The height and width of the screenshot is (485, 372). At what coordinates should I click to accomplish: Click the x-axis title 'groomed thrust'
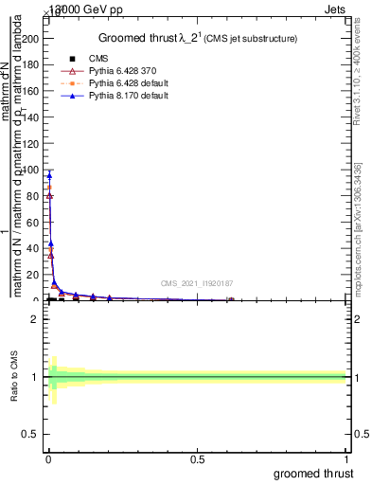314,473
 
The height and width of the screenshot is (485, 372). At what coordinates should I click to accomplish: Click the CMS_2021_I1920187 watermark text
197,283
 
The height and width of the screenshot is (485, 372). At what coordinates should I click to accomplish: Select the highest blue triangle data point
48,175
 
